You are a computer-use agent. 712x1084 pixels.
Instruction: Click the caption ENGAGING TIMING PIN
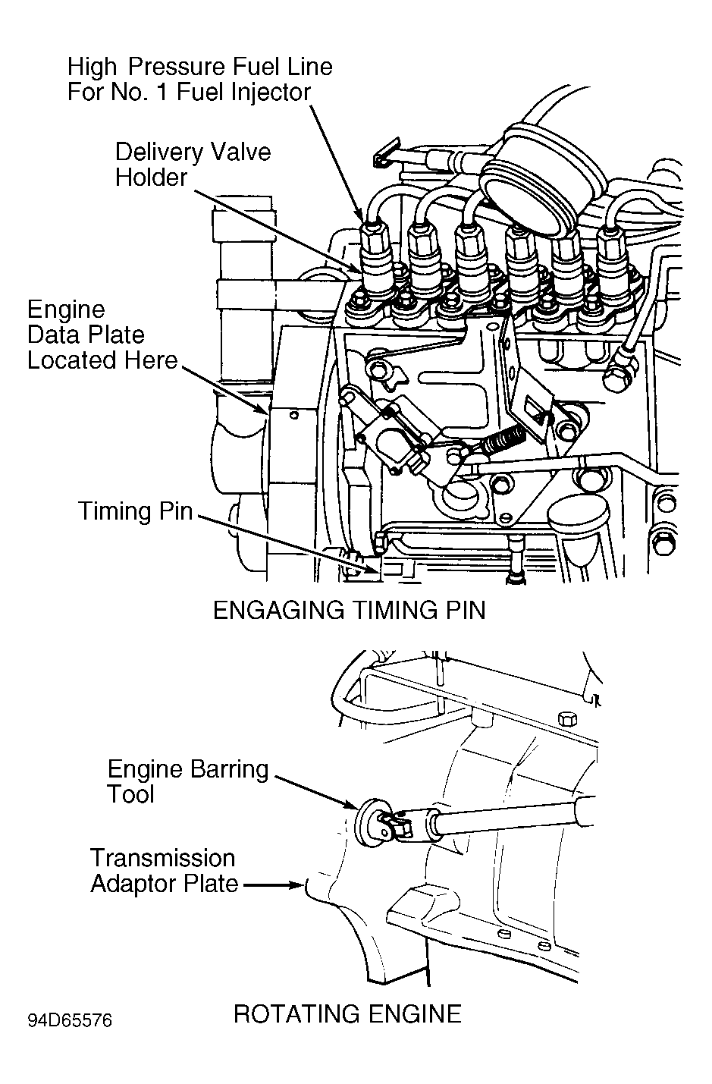coord(350,610)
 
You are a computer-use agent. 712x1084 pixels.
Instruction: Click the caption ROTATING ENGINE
coord(347,1013)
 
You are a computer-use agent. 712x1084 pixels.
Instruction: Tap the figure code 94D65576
coord(70,1020)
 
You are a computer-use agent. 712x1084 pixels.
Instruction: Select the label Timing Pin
coord(136,511)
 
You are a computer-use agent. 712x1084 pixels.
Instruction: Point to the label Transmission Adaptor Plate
coord(164,871)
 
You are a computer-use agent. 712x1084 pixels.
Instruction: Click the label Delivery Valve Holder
coord(193,164)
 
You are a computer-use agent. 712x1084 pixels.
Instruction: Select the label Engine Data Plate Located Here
coord(102,335)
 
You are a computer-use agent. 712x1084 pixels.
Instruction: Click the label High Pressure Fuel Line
coord(199,66)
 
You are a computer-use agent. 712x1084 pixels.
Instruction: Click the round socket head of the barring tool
coord(369,823)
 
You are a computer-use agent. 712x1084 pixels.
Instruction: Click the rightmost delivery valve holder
coord(613,261)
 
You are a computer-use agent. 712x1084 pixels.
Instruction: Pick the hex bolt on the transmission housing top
coord(567,719)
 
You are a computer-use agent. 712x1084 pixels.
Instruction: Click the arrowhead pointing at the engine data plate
coord(260,407)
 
